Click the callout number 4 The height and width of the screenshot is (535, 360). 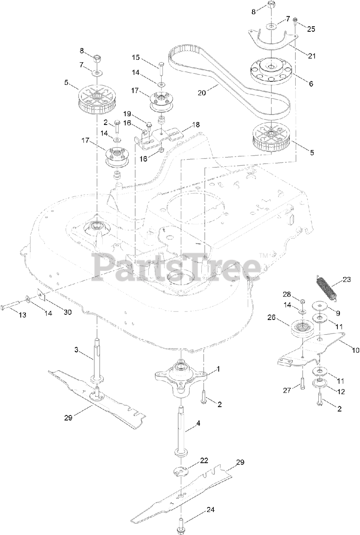198,423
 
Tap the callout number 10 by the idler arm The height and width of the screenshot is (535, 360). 355,350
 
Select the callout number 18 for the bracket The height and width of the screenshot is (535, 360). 196,125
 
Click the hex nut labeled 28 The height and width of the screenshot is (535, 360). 303,301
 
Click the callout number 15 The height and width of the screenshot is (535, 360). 136,57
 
